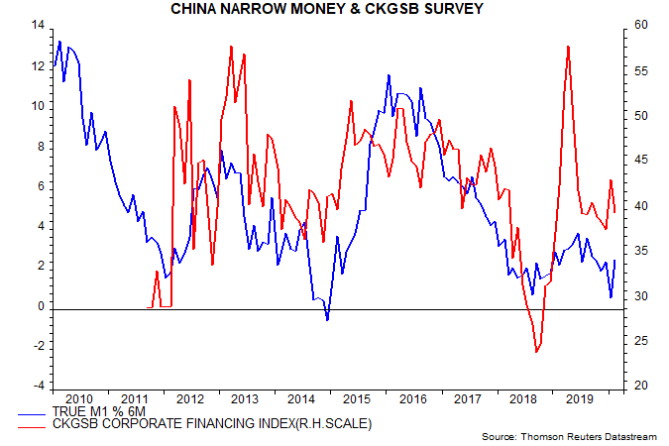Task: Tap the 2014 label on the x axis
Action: (x=301, y=398)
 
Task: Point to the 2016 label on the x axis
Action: (x=412, y=398)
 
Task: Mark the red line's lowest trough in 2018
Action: (x=536, y=351)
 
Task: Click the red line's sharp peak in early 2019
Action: (x=568, y=47)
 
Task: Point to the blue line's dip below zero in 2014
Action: (x=327, y=319)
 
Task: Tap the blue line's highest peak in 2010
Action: (x=59, y=42)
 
